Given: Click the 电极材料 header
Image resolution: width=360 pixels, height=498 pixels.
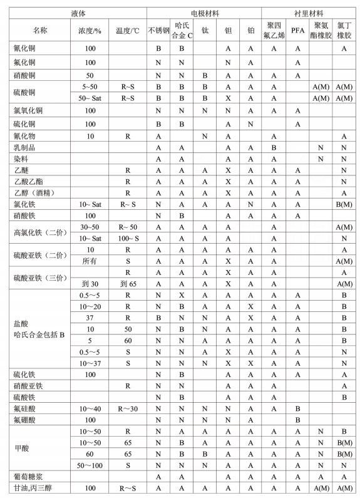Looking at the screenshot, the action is pyautogui.click(x=205, y=13).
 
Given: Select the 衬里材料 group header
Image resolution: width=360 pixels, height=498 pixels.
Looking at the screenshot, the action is pyautogui.click(x=311, y=13).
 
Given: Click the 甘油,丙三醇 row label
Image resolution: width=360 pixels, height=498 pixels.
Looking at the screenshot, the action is pyautogui.click(x=36, y=488).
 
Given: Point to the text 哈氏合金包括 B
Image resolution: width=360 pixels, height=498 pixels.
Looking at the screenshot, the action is pyautogui.click(x=40, y=335).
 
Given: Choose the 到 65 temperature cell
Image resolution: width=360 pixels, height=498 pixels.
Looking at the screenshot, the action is pyautogui.click(x=128, y=283).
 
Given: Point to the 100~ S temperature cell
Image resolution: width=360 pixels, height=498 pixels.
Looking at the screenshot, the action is pyautogui.click(x=128, y=238).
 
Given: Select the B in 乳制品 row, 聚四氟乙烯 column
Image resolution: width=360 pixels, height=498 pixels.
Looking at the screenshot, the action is pyautogui.click(x=274, y=148).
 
